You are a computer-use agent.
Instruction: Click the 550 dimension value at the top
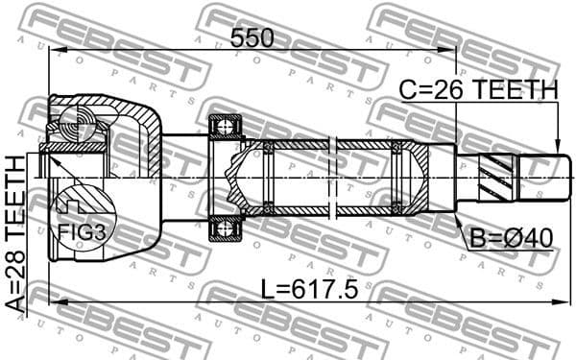(252, 37)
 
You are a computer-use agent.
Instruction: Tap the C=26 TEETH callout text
(478, 89)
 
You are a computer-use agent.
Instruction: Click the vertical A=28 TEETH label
(18, 229)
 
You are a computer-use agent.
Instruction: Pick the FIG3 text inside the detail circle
(76, 230)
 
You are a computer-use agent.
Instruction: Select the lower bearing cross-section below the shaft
(227, 228)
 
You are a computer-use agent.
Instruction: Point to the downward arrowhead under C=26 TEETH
(556, 144)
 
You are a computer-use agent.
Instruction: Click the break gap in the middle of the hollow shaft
(332, 178)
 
